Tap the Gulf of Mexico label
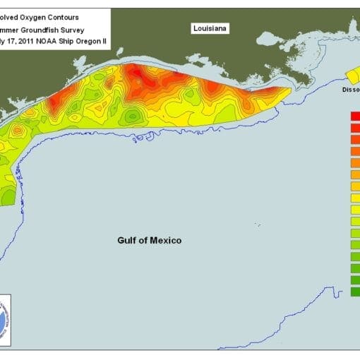click(x=149, y=241)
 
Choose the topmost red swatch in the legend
click(x=355, y=116)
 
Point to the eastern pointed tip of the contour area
click(x=289, y=90)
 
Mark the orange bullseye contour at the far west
click(x=54, y=104)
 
